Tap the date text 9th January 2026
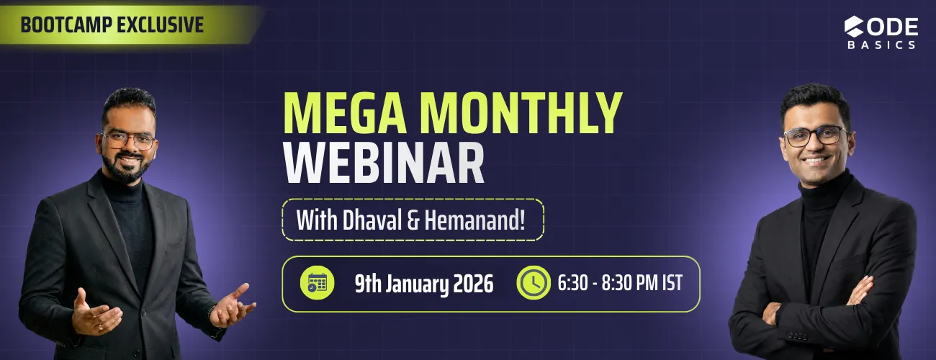[x=423, y=284]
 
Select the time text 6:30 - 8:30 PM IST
[x=620, y=283]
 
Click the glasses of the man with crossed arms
[x=816, y=135]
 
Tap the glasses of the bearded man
[x=129, y=140]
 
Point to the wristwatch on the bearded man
[x=212, y=311]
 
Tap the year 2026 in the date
[x=472, y=284]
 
